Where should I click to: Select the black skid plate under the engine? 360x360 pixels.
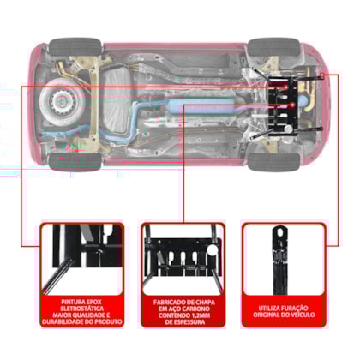coord(283,105)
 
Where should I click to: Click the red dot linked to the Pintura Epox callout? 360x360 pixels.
coord(285,86)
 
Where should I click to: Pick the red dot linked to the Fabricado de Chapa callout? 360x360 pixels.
coord(292,105)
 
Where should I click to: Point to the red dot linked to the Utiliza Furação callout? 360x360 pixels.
coord(322,75)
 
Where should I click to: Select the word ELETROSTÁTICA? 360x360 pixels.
coord(82,309)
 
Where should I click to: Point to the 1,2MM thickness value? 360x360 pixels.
coord(200,315)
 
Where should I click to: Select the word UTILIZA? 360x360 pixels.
coord(270,309)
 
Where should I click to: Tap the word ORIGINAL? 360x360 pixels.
coord(267,315)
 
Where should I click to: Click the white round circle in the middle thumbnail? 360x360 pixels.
coord(213,250)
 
